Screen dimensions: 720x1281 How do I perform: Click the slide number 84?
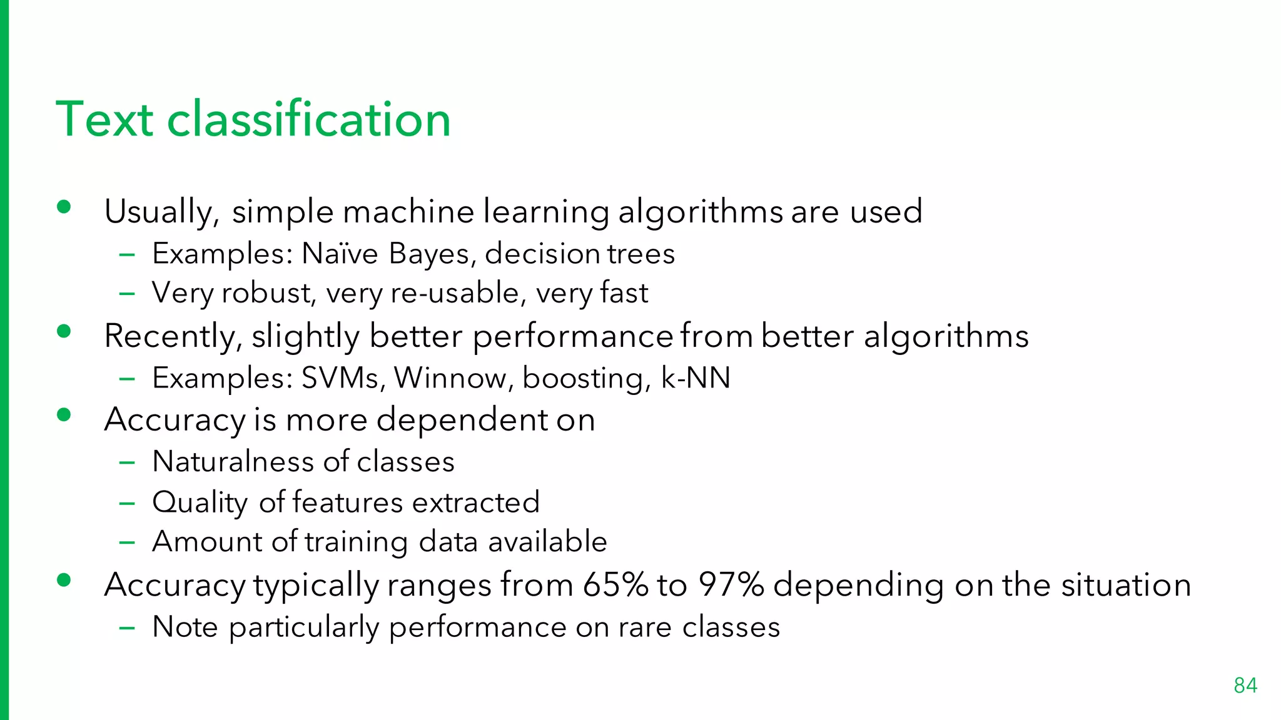coord(1245,686)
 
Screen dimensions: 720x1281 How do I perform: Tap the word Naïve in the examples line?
coord(340,254)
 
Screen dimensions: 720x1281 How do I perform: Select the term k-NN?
coord(696,378)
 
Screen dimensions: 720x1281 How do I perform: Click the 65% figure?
coord(615,585)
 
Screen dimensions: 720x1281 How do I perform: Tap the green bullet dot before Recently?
coord(63,331)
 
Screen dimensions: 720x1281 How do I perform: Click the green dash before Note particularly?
coord(127,627)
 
